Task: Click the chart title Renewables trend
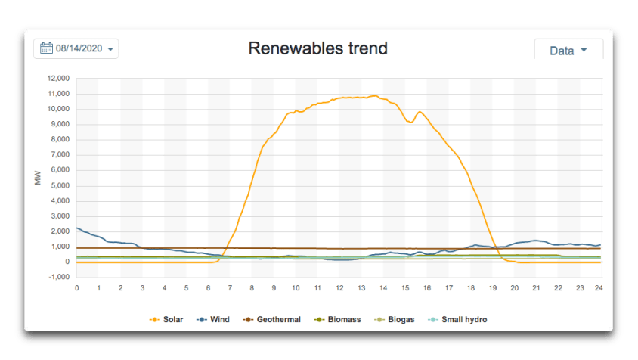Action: coord(318,48)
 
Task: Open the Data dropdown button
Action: coord(568,51)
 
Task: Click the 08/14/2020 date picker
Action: coord(76,48)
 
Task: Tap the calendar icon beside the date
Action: coord(46,48)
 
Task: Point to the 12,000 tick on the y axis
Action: coord(58,79)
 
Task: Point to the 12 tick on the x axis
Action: coord(339,287)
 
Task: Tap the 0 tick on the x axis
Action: coord(77,287)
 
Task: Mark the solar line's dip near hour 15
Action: coord(410,122)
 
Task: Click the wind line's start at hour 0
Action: coord(78,228)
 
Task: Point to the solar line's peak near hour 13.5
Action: coord(374,95)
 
